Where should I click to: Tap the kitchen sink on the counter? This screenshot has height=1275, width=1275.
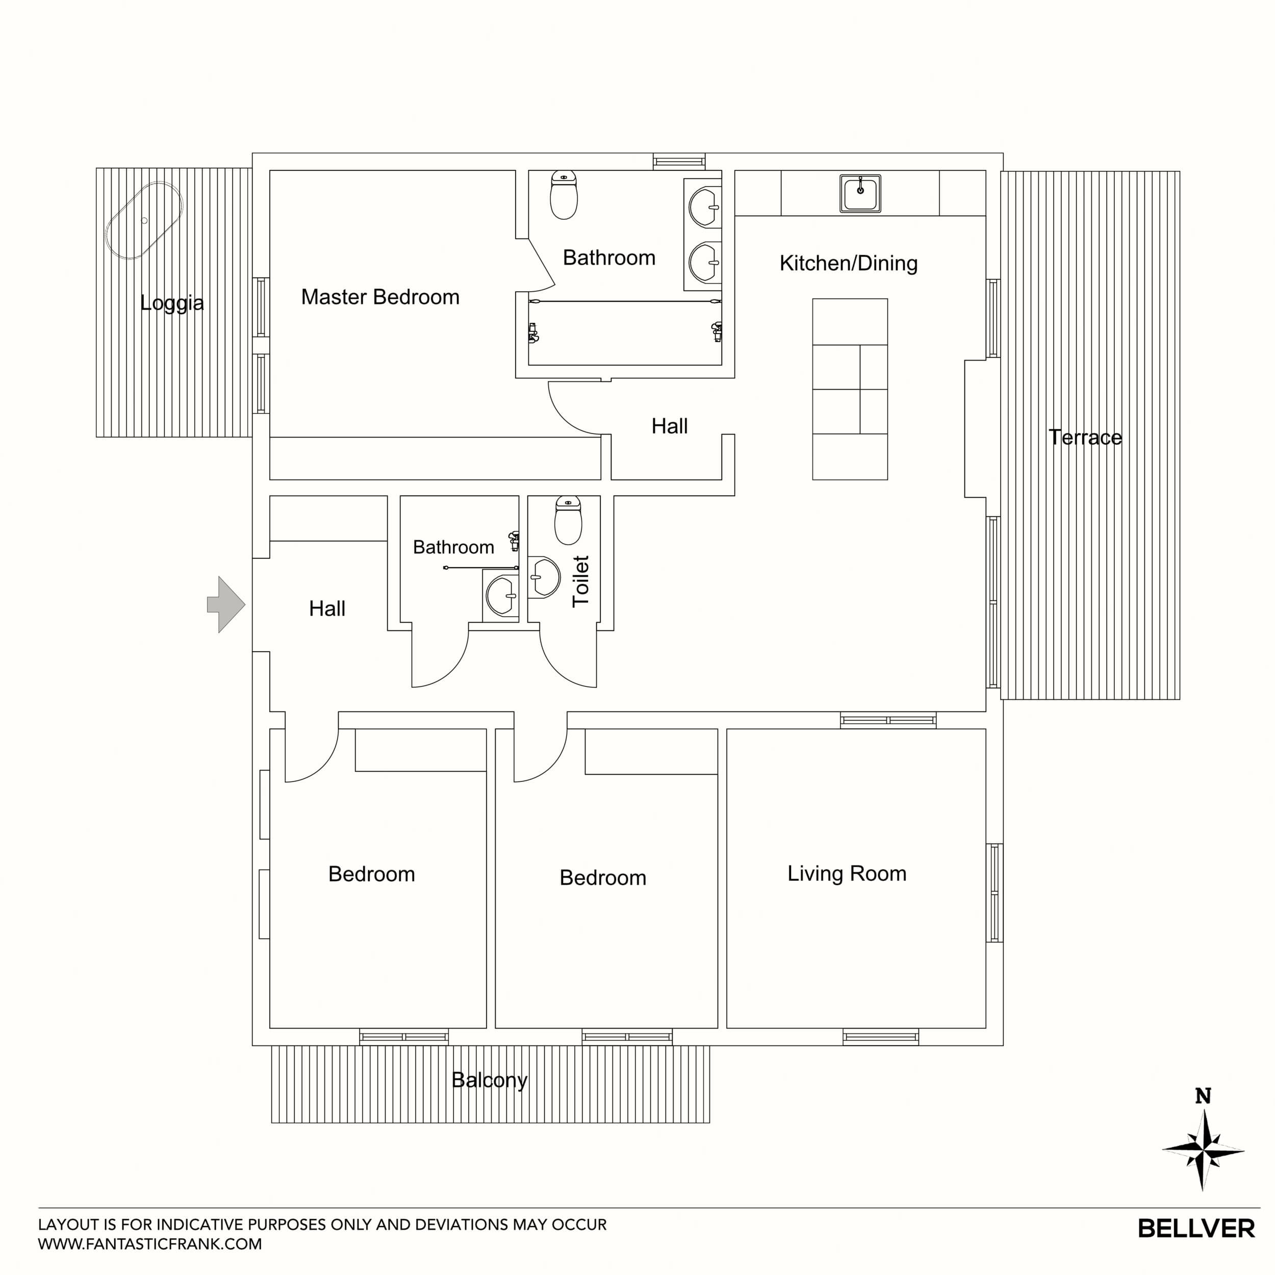coord(860,193)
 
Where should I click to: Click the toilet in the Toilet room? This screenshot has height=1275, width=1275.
coord(568,521)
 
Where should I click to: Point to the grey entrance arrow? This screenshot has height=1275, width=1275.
coord(226,604)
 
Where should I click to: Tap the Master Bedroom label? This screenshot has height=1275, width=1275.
coord(380,297)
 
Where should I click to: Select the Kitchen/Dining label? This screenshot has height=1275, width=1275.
coord(848,263)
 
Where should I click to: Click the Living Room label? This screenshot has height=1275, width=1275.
coord(847,873)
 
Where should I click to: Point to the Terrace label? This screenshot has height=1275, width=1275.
coord(1085,437)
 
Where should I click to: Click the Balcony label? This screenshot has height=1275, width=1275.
coord(489,1080)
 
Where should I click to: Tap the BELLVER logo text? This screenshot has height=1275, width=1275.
coord(1196,1229)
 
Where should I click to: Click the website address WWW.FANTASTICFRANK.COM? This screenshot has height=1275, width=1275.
coord(150,1244)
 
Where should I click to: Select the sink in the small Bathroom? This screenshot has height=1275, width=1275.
coord(501,595)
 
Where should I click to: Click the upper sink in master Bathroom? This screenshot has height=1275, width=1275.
coord(704,207)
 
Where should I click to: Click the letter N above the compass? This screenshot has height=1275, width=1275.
coord(1203,1096)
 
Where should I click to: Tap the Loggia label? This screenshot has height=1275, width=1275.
coord(171,303)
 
